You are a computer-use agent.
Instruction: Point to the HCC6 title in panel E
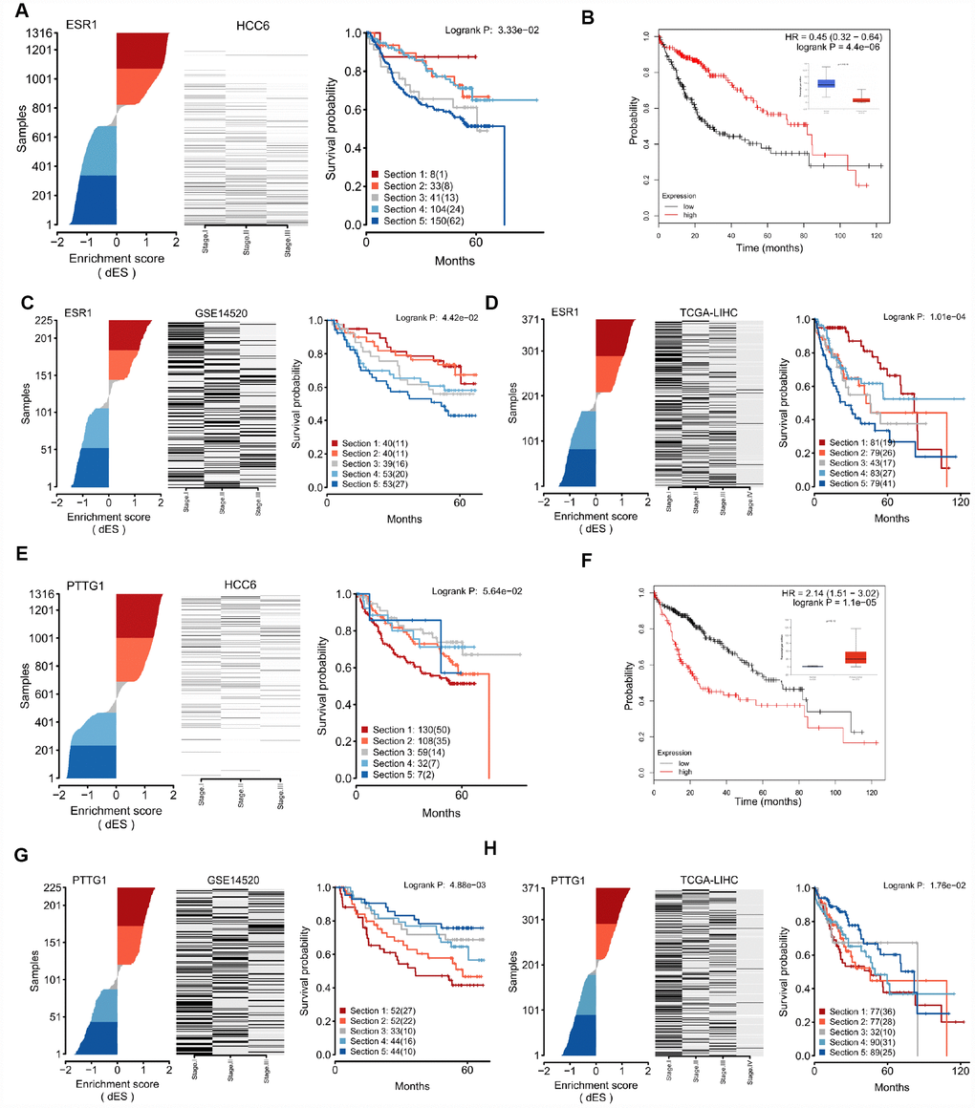239,579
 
